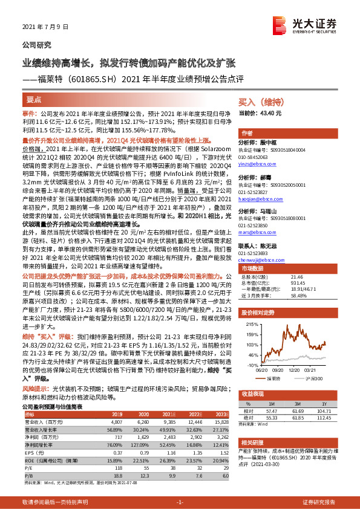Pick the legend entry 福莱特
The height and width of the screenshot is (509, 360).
(x=280, y=379)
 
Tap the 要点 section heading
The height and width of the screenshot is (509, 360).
(x=34, y=99)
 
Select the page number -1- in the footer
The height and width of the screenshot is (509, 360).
(x=180, y=502)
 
